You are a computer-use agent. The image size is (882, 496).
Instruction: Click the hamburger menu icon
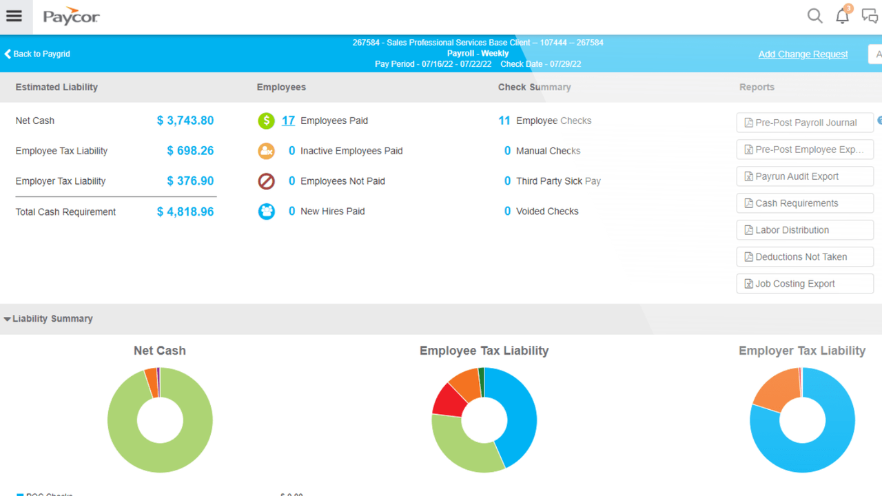[14, 17]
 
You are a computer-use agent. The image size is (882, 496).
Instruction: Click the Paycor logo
[71, 17]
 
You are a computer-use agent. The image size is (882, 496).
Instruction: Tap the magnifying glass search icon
[814, 16]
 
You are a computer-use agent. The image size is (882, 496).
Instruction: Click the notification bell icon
[842, 17]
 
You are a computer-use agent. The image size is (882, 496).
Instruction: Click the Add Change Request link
[803, 54]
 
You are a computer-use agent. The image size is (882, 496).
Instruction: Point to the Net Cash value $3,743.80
[185, 121]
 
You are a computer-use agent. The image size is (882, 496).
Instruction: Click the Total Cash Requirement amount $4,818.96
[185, 212]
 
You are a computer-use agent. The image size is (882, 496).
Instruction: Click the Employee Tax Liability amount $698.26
[190, 151]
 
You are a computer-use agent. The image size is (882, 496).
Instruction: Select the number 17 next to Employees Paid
[288, 121]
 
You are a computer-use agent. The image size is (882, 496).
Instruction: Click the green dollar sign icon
[266, 121]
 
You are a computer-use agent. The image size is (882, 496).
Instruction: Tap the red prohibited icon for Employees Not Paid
[266, 181]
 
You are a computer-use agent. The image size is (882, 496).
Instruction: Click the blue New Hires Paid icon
[266, 211]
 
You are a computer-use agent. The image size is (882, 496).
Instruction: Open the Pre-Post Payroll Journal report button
[805, 123]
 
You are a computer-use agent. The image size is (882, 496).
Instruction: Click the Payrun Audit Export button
[805, 176]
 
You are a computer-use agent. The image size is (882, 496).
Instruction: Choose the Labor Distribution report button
[805, 230]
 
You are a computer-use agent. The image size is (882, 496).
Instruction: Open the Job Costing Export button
[805, 284]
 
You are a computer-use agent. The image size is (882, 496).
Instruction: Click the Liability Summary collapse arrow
[7, 319]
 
